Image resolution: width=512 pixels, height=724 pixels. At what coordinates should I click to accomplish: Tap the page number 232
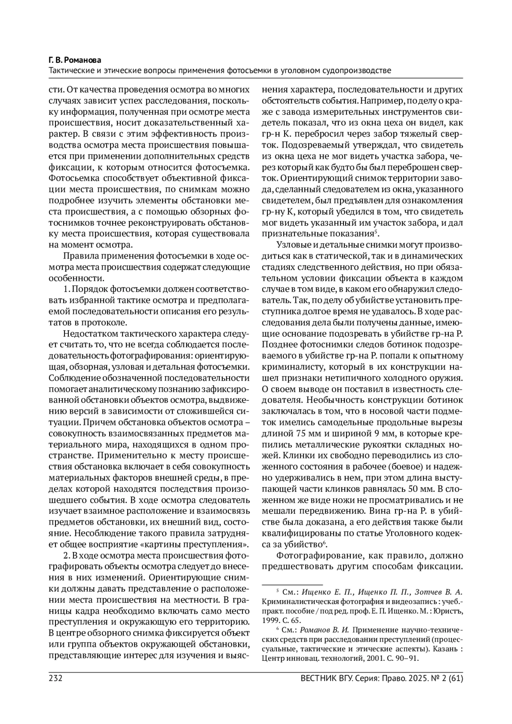tap(56, 678)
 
